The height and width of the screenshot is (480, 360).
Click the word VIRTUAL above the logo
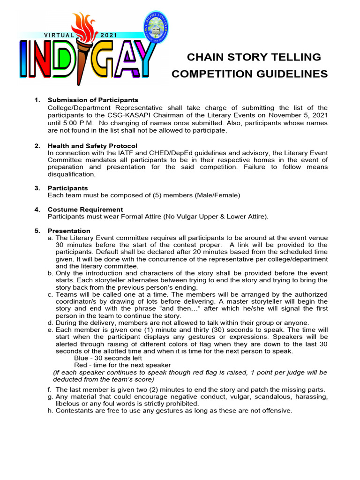point(59,35)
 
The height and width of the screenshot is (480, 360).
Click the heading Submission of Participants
point(93,100)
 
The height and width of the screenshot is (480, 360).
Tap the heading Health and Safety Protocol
point(92,146)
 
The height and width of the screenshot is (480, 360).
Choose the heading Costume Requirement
point(85,209)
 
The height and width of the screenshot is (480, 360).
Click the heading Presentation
point(69,231)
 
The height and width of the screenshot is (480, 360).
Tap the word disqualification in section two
point(71,174)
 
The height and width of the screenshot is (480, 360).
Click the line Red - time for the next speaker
point(122,365)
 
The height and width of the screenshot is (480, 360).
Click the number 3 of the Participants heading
point(37,188)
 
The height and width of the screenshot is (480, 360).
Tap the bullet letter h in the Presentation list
point(50,411)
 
